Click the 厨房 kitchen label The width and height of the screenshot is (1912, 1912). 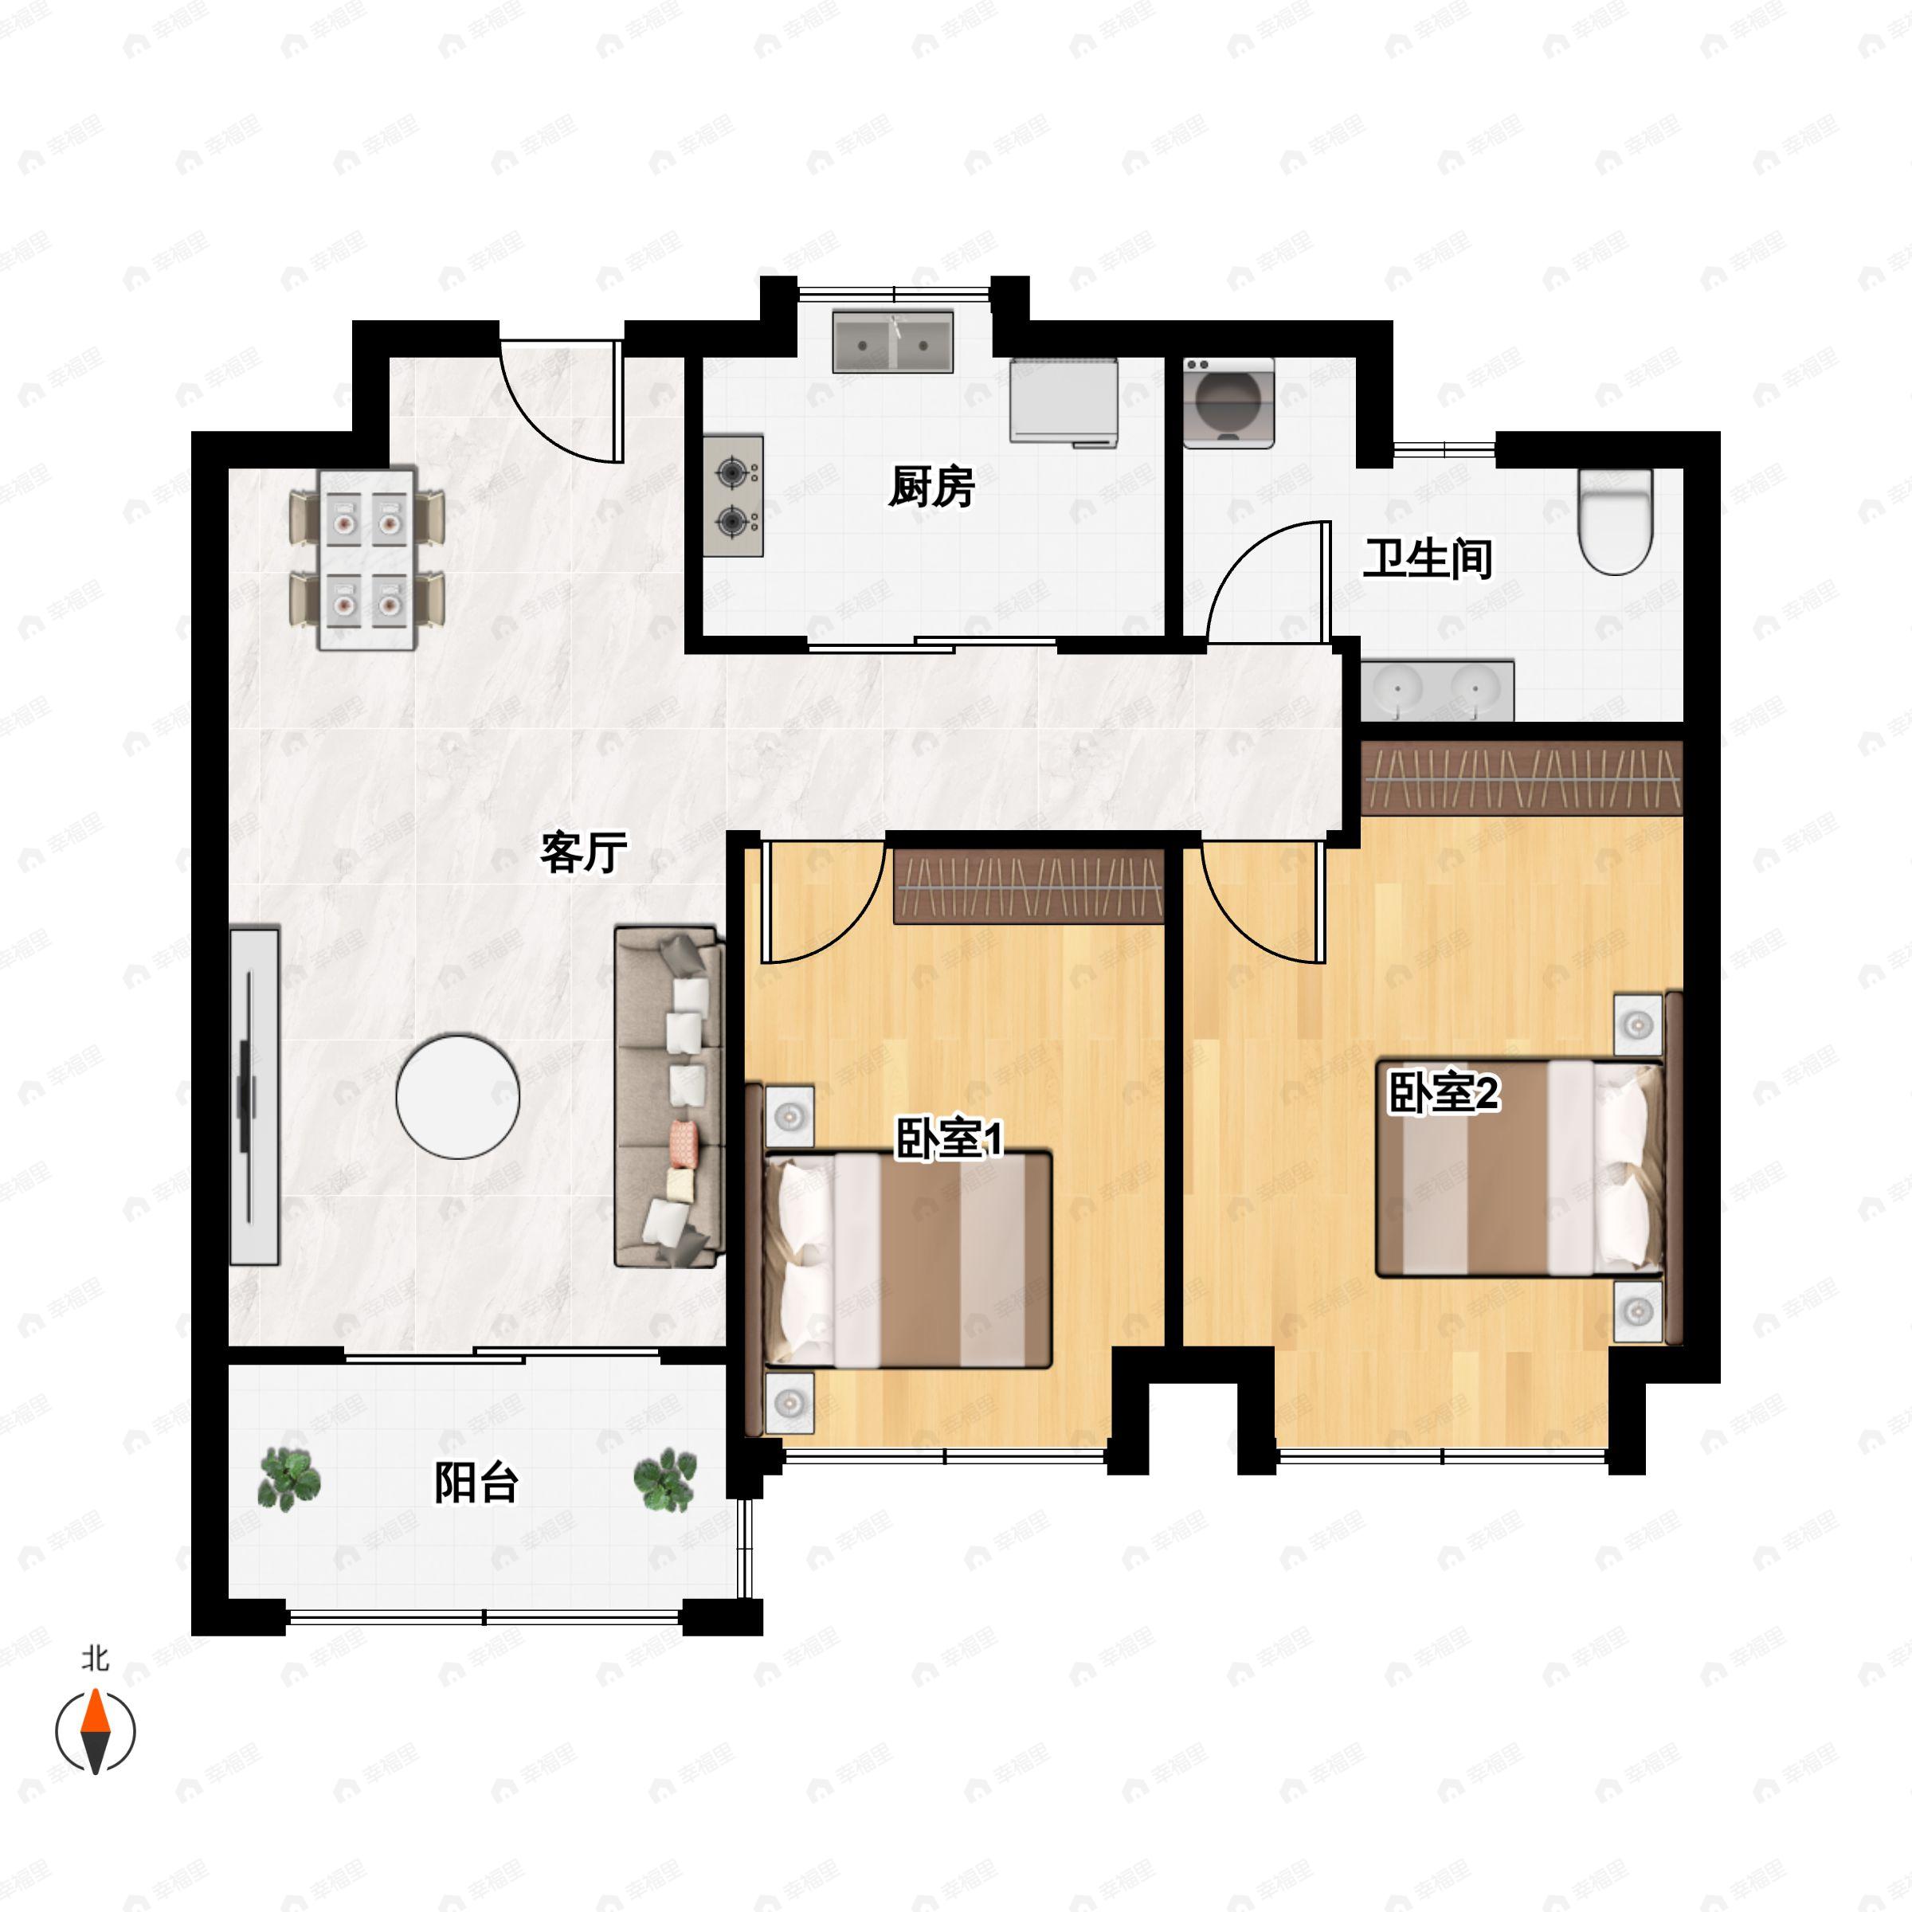click(931, 487)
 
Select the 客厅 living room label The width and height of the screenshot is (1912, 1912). click(584, 852)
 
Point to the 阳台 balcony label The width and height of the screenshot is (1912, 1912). click(477, 1483)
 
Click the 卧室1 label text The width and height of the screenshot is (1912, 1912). click(949, 1138)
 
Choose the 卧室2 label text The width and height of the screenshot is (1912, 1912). click(1444, 1092)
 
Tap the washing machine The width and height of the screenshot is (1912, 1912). click(1229, 403)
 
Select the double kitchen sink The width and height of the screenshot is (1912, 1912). click(892, 343)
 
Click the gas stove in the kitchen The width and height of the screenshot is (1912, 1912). click(733, 496)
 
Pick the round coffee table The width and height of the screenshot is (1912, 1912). click(458, 1096)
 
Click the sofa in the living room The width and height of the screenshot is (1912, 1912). click(670, 1096)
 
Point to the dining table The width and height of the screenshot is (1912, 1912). click(366, 559)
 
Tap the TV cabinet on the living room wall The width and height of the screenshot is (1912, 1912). click(254, 1095)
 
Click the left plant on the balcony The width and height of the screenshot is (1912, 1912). click(289, 1479)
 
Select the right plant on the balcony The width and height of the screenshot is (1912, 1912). click(665, 1479)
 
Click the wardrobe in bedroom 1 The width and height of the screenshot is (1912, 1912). click(1029, 887)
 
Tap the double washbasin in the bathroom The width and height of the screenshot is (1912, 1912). click(1437, 690)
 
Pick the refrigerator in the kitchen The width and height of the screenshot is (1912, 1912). click(1064, 402)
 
